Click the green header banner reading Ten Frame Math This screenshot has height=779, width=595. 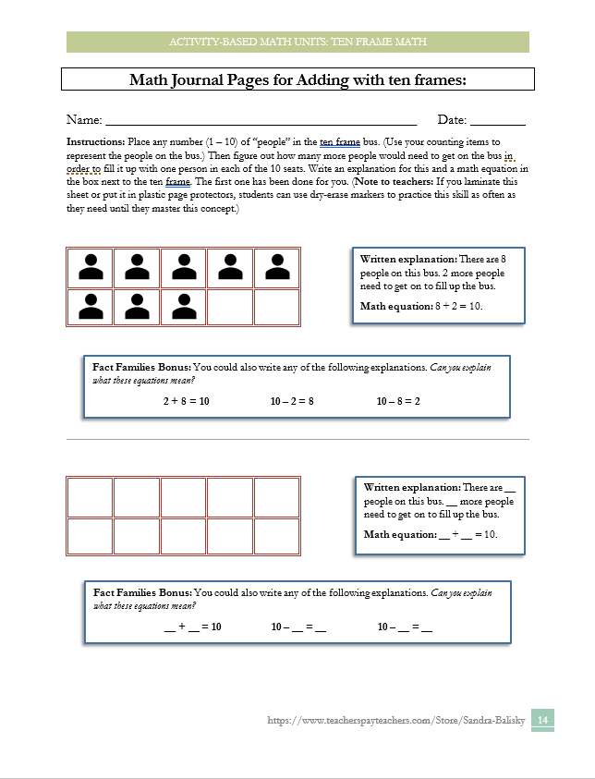pos(297,42)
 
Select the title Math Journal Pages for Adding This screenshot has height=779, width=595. pos(297,80)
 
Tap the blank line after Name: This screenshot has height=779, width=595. pos(261,121)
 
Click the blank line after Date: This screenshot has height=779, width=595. pos(498,121)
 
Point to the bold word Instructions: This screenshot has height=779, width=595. pos(95,142)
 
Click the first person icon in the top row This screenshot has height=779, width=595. pos(91,267)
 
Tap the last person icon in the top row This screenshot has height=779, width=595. pos(276,267)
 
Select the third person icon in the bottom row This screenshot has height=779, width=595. pos(183,306)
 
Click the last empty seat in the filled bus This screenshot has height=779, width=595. pos(276,306)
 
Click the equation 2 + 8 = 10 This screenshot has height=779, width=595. pos(186,401)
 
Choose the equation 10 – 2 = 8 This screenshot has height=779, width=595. pos(292,401)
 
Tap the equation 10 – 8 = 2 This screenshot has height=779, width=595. pos(398,401)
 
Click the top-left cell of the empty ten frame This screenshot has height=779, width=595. pos(91,496)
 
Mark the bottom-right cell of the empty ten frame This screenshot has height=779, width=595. pos(276,536)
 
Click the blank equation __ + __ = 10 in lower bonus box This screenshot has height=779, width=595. pos(192,627)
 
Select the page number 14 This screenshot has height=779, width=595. pos(543,720)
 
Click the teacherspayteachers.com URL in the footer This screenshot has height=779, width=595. pos(395,720)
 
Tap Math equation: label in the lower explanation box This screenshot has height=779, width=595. pos(400,534)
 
